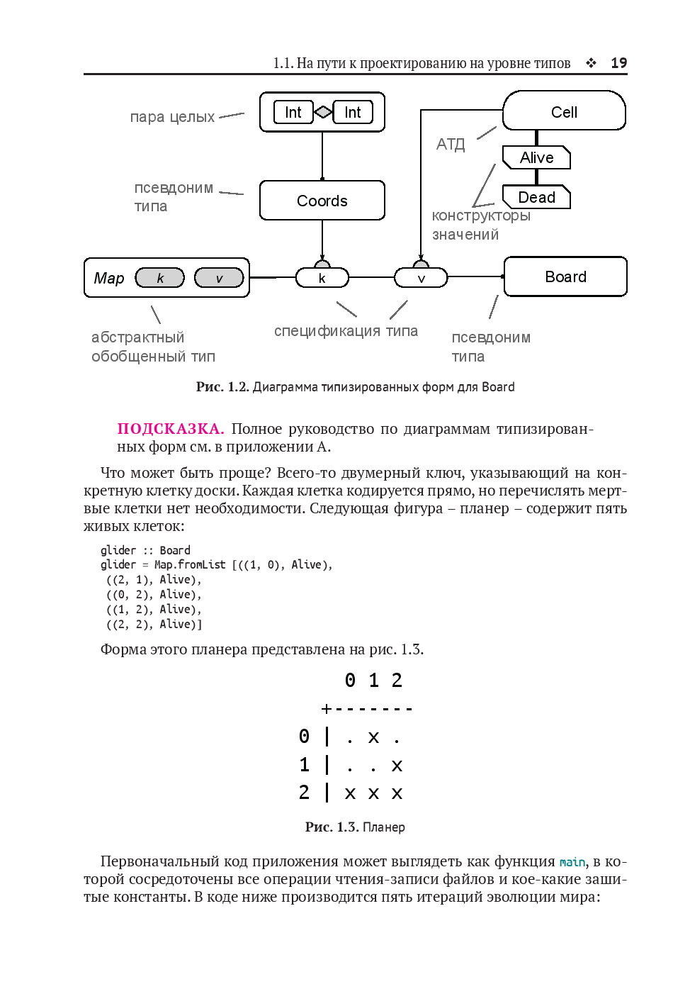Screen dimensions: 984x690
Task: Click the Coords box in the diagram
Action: (x=322, y=201)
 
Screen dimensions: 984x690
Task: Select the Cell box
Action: (x=564, y=111)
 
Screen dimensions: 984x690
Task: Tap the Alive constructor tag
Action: (x=536, y=157)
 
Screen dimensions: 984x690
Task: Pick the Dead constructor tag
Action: (x=536, y=197)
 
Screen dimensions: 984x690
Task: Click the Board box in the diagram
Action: (x=565, y=276)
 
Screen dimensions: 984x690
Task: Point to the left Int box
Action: (x=293, y=112)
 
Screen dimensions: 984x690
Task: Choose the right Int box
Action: (x=353, y=112)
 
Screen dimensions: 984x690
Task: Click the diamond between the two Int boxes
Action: (x=323, y=112)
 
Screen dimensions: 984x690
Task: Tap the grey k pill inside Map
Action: (x=159, y=278)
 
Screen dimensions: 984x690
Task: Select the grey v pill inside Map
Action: (x=219, y=278)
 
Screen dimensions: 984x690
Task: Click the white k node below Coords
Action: (x=322, y=278)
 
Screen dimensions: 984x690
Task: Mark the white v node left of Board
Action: (x=421, y=278)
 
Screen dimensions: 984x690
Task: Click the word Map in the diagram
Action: (x=109, y=278)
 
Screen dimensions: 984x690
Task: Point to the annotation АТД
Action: (x=451, y=145)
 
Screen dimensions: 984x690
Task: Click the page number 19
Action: (x=618, y=63)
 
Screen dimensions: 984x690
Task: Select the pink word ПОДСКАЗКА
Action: (x=171, y=429)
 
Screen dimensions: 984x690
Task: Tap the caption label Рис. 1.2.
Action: (x=222, y=387)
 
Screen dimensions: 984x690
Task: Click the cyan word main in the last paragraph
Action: (x=572, y=862)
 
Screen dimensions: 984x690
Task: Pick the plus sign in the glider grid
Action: (x=327, y=708)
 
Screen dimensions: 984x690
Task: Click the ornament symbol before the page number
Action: (x=591, y=63)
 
